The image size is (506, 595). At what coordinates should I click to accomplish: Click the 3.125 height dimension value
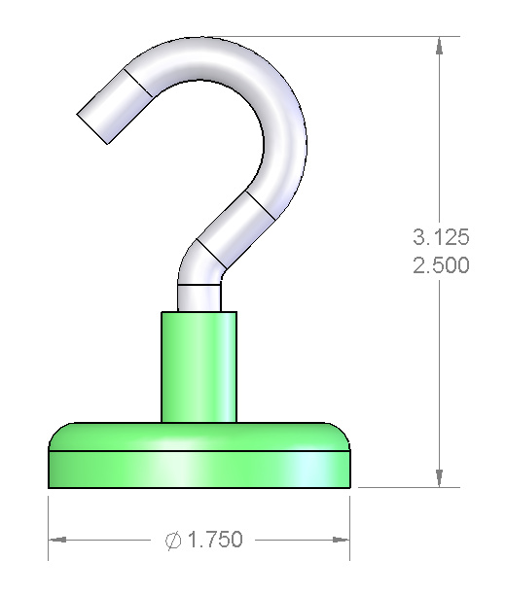coord(441,237)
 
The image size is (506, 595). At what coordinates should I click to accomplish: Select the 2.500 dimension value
coord(441,264)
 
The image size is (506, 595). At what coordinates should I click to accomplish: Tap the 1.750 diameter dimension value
coord(215,540)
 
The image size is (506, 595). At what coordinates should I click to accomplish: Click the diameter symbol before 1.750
coord(173,540)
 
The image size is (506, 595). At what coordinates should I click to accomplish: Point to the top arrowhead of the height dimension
coord(440,46)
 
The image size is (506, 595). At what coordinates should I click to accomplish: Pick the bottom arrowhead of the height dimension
coord(440,478)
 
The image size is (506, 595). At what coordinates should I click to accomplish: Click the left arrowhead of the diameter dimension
coord(57,540)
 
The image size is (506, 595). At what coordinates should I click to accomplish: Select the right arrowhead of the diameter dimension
coord(341,540)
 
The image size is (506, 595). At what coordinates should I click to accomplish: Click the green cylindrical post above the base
coord(199,367)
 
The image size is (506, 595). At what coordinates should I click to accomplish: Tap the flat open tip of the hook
coord(91,128)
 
